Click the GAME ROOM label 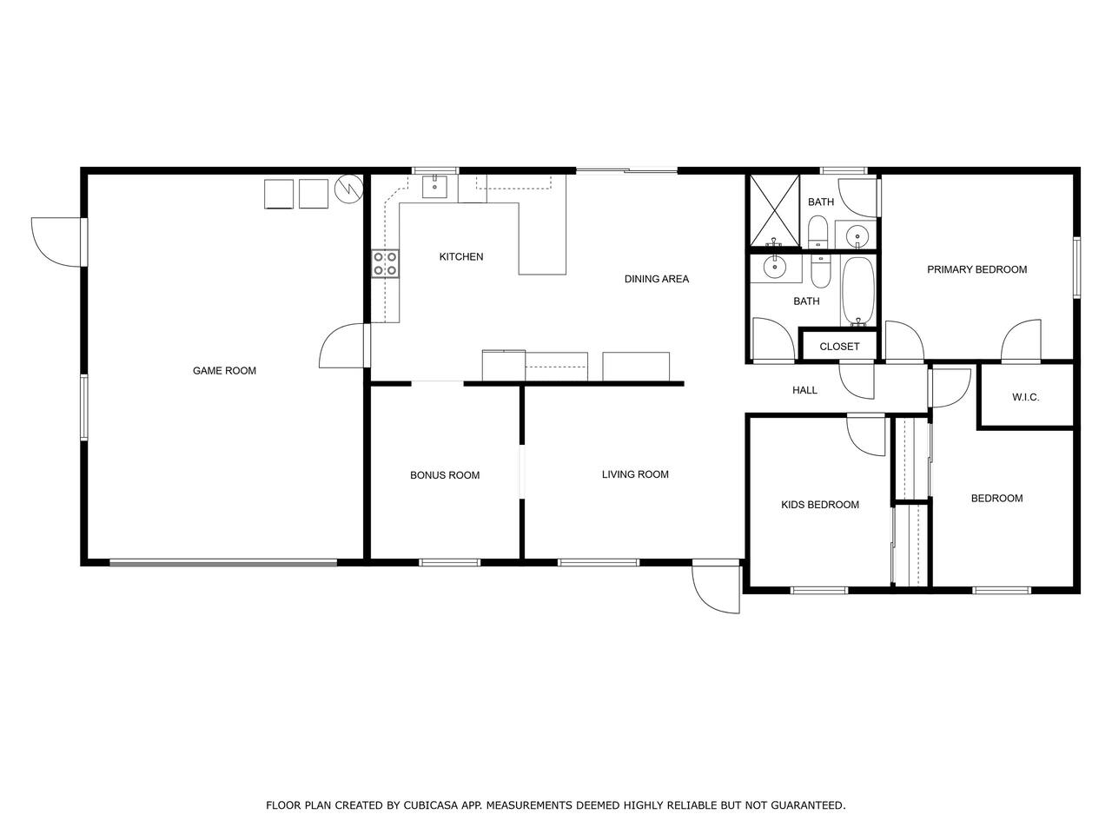pos(224,371)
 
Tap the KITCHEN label pos(461,257)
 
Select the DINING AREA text pos(656,279)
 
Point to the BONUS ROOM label pos(444,475)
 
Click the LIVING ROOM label pos(635,474)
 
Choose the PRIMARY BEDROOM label pos(976,270)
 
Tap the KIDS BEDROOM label pos(820,505)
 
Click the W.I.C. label pos(1025,398)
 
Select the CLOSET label pos(839,347)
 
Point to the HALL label pos(804,390)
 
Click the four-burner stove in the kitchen pos(385,264)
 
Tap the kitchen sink pos(434,186)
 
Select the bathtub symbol pos(857,291)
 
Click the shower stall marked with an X pos(774,210)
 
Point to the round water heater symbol pos(349,189)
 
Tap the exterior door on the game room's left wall pos(57,242)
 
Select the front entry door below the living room pos(716,587)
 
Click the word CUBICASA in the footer pos(427,805)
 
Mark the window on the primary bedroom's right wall pos(1076,267)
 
